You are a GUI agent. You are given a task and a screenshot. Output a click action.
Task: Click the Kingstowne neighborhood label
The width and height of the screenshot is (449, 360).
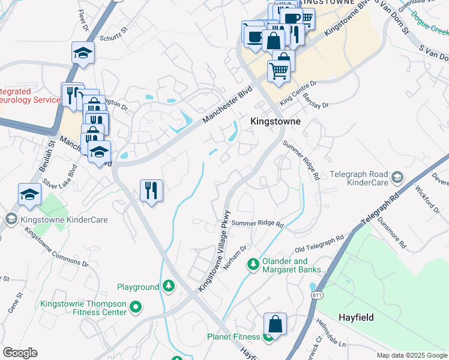click(274, 121)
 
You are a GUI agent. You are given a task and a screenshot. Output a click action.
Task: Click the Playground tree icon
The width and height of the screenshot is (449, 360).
click(170, 286)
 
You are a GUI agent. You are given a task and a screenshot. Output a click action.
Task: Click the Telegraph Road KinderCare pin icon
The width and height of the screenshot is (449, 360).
click(397, 177)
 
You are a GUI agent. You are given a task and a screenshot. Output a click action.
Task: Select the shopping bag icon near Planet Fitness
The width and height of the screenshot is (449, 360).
click(274, 324)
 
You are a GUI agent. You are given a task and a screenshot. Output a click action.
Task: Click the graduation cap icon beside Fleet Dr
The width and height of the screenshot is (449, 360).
click(83, 53)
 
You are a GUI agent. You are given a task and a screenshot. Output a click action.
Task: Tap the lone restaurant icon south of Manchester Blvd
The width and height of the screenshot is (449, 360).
click(151, 191)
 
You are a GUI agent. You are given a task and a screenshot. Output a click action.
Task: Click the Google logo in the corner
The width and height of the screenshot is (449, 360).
click(20, 353)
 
